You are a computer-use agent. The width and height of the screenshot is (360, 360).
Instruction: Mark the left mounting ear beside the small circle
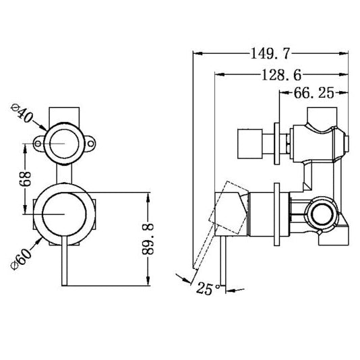tap(36, 142)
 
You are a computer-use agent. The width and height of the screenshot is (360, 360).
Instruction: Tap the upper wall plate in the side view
tap(278, 143)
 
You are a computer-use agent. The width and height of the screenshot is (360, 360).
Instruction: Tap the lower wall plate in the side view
tap(278, 214)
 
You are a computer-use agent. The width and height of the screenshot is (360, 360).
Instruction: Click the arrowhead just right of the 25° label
tap(228, 291)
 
